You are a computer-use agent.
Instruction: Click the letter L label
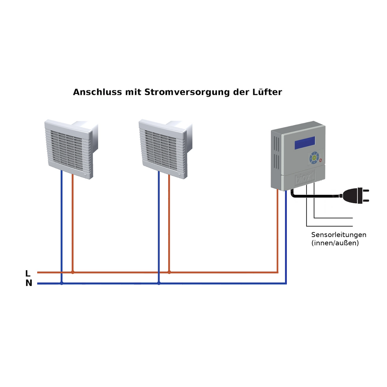coord(28,273)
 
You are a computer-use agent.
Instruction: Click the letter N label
coord(29,283)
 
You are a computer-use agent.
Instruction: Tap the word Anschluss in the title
coord(98,92)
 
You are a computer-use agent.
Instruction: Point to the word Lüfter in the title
coord(267,92)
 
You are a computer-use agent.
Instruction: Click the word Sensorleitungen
coord(339,235)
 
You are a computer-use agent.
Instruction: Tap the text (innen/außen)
coord(335,243)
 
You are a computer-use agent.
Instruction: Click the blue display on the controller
coord(305,143)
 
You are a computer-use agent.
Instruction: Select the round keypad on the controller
coord(314,158)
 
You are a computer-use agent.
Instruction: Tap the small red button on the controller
coord(320,160)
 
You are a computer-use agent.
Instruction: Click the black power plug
coord(354,195)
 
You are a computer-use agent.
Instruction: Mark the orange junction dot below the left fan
coord(73,272)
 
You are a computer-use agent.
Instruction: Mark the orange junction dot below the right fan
coord(169,272)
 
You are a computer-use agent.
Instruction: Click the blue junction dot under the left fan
coord(62,283)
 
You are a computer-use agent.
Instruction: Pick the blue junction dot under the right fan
coord(159,283)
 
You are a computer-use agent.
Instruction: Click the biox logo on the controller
coord(305,178)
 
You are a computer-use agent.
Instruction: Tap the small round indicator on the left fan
coord(85,175)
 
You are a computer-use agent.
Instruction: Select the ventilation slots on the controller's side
coord(277,153)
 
